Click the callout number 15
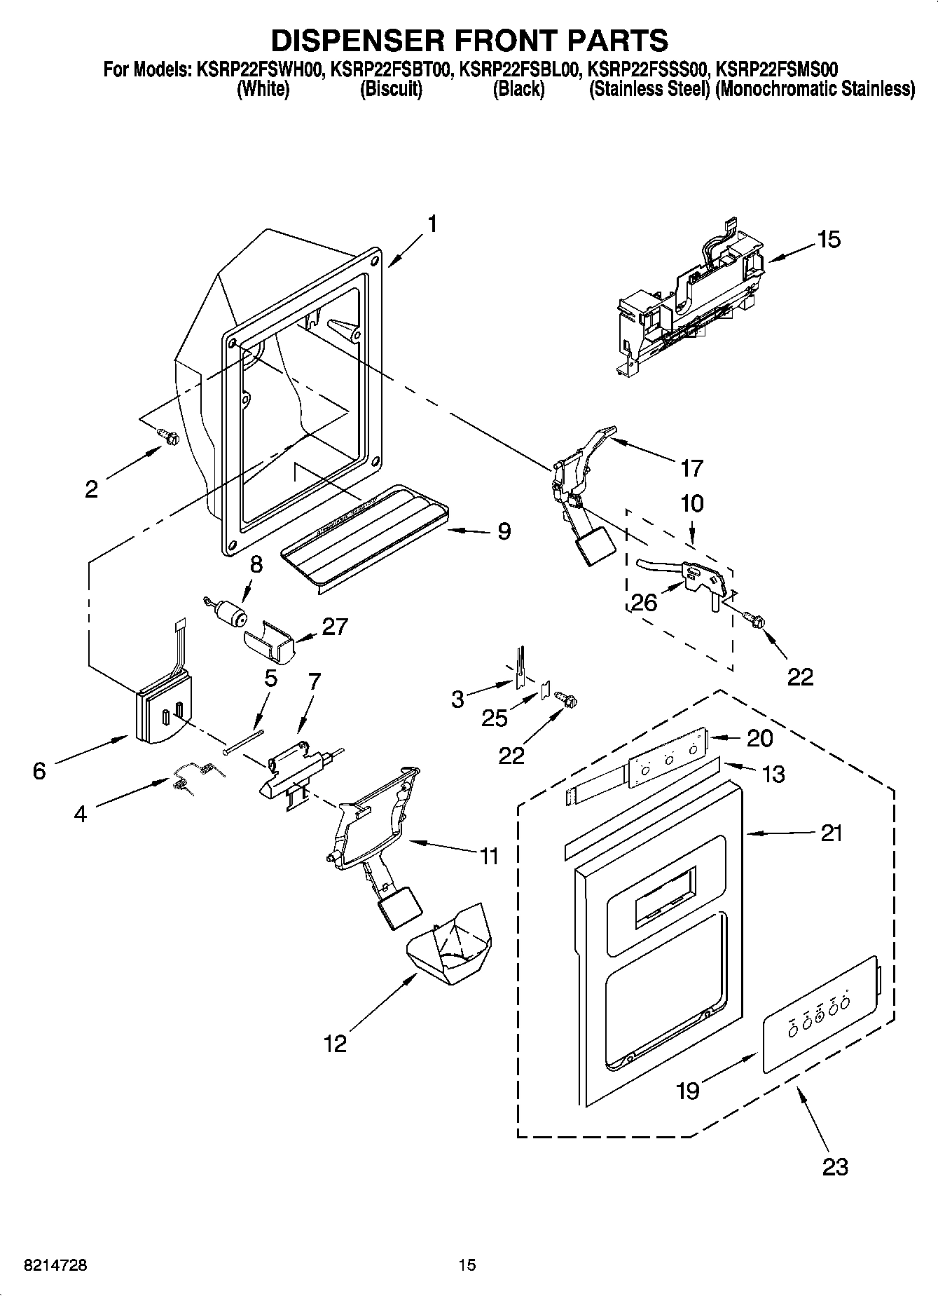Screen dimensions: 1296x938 [x=828, y=240]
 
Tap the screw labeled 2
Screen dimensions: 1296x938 [x=169, y=437]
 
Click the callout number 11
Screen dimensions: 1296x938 [x=488, y=856]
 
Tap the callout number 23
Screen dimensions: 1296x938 [x=835, y=1167]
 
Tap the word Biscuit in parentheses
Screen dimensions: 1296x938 [x=391, y=90]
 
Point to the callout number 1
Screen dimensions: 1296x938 [x=432, y=224]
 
